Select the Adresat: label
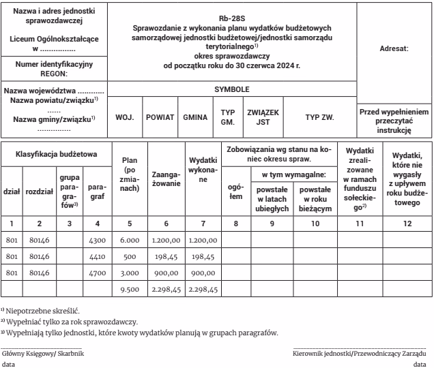[392, 49]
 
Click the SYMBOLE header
[232, 89]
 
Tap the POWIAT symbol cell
[160, 117]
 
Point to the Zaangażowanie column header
[166, 179]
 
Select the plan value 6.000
[130, 240]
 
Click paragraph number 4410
[97, 257]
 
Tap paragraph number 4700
[97, 273]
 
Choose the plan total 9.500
[130, 290]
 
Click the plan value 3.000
[130, 273]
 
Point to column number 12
[407, 222]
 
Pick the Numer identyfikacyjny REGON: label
[53, 68]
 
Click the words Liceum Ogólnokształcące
[53, 39]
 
